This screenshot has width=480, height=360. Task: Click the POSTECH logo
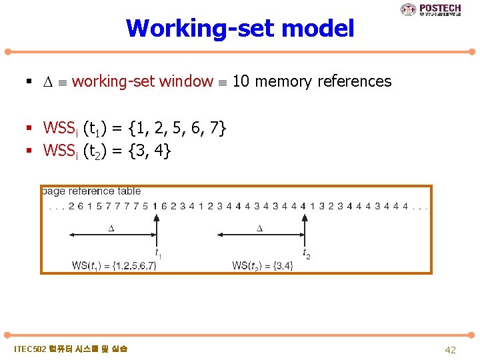431,9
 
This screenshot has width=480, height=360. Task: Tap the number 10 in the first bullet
241,81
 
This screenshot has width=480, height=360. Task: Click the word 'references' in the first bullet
354,81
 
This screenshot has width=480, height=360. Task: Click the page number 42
450,349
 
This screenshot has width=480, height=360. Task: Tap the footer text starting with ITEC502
71,349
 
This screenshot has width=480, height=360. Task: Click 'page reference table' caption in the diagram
91,191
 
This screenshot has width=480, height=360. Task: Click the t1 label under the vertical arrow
158,253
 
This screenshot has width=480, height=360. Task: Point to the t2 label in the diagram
306,253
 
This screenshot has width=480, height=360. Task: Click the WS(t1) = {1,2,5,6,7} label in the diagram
114,265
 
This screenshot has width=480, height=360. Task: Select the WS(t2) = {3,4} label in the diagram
263,265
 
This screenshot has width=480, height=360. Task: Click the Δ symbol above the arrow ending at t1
111,229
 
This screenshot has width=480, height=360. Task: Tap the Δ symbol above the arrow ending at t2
260,229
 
